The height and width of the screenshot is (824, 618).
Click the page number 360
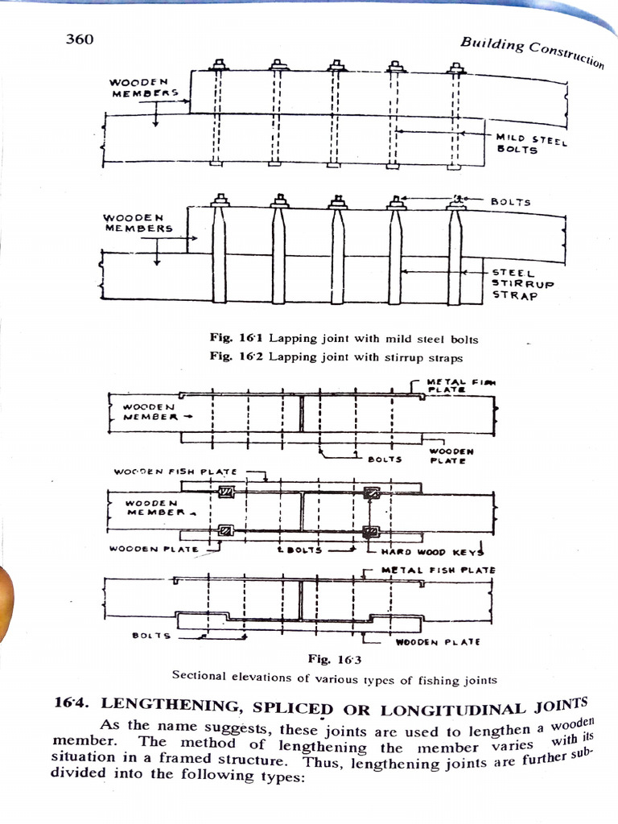tap(80, 39)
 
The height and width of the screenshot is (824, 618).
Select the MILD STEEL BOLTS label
tap(531, 145)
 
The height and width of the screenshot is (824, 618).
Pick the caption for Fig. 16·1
tap(343, 338)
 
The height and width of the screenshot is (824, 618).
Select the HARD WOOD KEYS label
tap(431, 551)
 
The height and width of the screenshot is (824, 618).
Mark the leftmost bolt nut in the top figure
tap(219, 64)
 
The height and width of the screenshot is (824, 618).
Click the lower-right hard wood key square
tap(371, 531)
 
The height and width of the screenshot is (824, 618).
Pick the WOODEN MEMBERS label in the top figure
tap(143, 87)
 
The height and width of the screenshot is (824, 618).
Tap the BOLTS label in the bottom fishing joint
tap(151, 635)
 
